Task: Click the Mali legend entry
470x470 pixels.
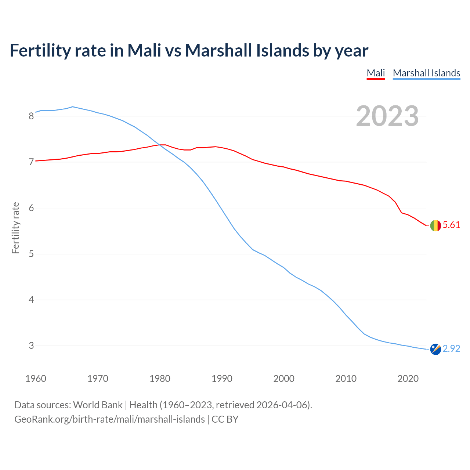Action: point(376,73)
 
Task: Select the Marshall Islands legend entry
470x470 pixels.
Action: point(426,73)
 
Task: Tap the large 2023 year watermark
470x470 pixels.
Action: point(387,116)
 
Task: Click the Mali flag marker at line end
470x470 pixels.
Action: point(435,225)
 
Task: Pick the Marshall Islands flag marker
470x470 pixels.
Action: point(435,349)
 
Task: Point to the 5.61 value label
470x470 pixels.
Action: point(451,225)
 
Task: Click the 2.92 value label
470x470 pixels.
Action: point(451,348)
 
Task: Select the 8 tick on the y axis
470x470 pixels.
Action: point(31,116)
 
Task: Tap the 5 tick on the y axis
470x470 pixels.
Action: point(31,254)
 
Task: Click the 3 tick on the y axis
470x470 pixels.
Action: point(31,346)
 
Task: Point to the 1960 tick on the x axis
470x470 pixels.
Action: point(36,379)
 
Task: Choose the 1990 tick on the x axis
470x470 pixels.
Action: point(222,379)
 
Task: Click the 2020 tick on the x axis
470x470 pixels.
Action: point(408,379)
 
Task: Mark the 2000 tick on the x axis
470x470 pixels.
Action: point(284,379)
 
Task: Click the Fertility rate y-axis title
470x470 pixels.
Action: point(15,228)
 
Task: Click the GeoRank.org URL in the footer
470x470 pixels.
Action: point(109,419)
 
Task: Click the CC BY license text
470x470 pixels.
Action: point(225,419)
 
